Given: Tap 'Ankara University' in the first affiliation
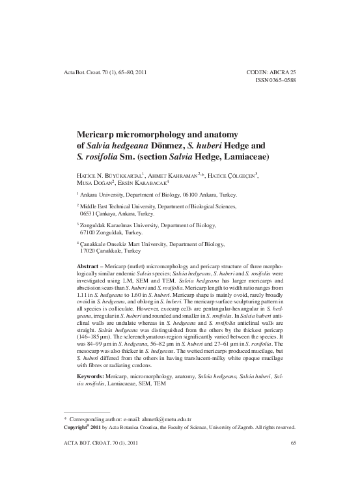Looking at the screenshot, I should click(107, 195).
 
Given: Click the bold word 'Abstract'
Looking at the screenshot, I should click(89, 268).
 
